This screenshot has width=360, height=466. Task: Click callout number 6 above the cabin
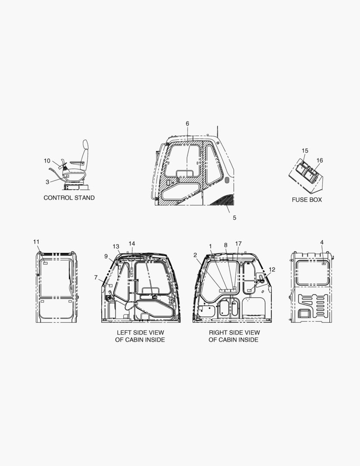coord(188,123)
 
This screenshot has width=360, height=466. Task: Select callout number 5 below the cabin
coord(235,218)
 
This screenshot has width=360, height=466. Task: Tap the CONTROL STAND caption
coord(69,198)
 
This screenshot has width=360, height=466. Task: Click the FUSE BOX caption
coord(307,200)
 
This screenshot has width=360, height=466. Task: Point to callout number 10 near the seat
coord(47,161)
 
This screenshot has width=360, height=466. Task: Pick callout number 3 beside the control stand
coord(47,182)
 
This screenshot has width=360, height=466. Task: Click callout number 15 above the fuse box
coord(305,151)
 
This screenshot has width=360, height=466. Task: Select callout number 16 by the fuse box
coord(319,161)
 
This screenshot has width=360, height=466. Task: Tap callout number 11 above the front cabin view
coord(36,242)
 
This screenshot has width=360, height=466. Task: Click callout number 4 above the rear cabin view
coord(322,242)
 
